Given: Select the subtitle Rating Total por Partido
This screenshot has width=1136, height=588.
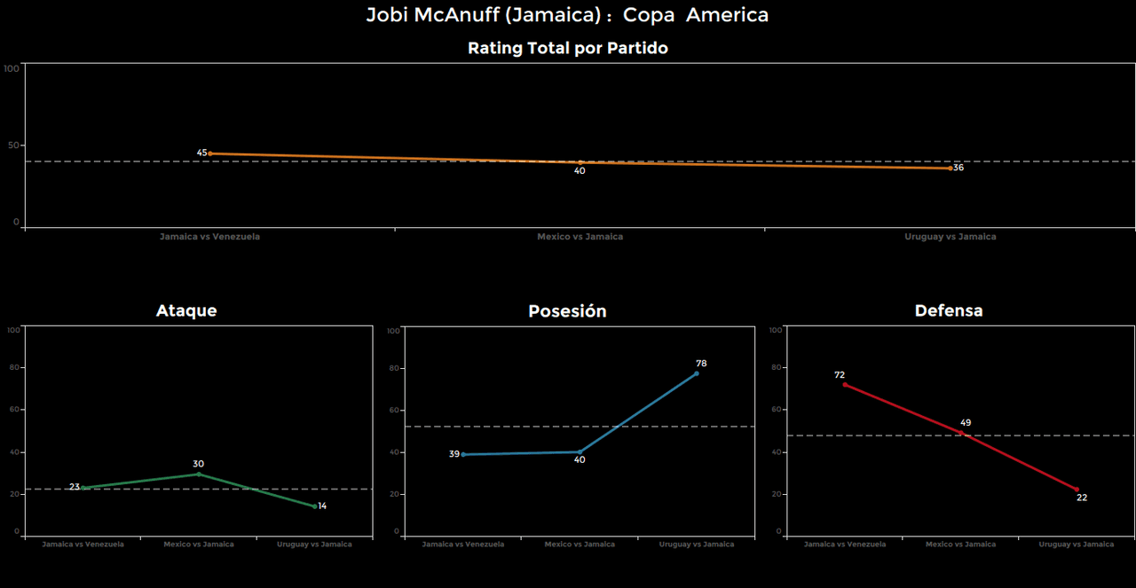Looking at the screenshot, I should [567, 49].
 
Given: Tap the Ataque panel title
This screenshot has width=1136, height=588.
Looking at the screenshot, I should [186, 310].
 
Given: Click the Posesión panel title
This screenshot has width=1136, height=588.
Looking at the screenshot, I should [567, 311].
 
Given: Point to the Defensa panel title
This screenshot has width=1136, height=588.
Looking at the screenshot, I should [949, 310].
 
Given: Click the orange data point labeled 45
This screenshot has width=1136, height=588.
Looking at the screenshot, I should [209, 153].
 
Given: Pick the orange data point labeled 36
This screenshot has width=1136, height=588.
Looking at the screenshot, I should [950, 168].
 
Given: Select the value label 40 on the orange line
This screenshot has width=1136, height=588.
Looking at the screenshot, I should [580, 171].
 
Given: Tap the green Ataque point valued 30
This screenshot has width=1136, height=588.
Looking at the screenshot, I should [199, 474].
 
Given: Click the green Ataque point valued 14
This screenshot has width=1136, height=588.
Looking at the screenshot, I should [314, 506].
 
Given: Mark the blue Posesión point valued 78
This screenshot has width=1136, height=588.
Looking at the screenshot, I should [696, 373].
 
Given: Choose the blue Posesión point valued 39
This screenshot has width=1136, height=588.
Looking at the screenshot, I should [463, 454].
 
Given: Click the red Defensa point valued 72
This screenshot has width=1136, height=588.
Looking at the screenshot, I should [845, 384].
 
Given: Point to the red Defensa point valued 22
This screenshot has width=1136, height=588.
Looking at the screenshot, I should [1077, 490].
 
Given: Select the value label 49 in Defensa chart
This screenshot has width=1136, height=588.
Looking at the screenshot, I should [966, 423].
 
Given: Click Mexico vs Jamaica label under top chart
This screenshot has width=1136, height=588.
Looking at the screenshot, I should [580, 237].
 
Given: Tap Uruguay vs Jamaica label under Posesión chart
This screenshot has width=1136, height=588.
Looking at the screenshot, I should [697, 545].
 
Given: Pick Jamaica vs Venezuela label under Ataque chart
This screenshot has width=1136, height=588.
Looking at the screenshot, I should [83, 545].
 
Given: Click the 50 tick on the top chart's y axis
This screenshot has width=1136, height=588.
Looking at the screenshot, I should [12, 145].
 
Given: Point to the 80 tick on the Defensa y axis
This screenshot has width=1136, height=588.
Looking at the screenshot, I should [777, 368].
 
